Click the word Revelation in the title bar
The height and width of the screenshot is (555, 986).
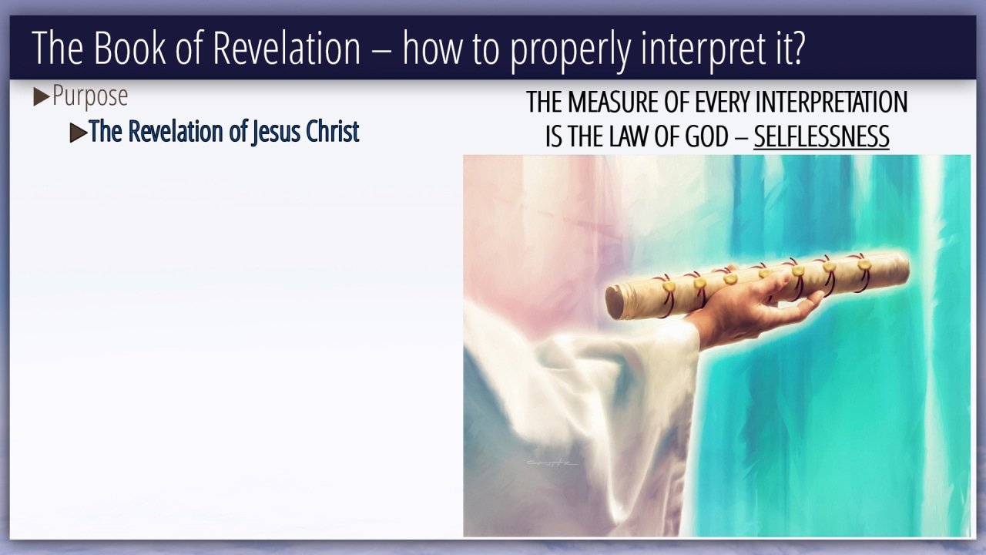287,48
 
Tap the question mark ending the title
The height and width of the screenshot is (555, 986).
797,48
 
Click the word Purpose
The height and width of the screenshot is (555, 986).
90,96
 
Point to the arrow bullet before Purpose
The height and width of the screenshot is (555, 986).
42,97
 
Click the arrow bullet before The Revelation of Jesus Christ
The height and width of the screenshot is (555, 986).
79,133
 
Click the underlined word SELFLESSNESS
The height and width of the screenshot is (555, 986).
821,136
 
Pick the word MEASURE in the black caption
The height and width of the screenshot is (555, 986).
613,103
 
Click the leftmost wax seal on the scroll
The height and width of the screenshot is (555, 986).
669,287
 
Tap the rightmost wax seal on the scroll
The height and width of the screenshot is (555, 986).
864,264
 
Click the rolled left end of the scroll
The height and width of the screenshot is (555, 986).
615,303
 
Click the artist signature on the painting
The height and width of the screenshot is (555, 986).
552,463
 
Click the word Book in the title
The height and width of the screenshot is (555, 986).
129,48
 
